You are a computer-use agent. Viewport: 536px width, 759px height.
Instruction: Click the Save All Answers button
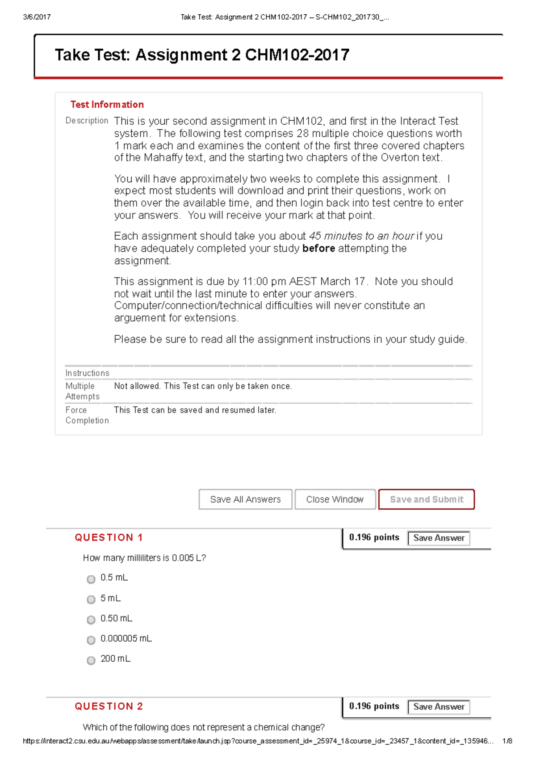pyautogui.click(x=245, y=499)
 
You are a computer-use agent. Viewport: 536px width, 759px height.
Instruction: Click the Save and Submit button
pyautogui.click(x=426, y=499)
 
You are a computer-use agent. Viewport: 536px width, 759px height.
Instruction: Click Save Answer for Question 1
pyautogui.click(x=439, y=538)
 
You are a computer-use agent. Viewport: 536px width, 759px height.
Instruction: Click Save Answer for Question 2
pyautogui.click(x=439, y=707)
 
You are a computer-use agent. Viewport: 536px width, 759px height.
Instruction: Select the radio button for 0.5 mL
pyautogui.click(x=91, y=579)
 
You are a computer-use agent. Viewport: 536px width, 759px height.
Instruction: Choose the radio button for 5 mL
pyautogui.click(x=91, y=599)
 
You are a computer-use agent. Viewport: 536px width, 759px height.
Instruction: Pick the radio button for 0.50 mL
pyautogui.click(x=91, y=620)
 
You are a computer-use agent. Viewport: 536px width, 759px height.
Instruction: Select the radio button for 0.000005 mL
pyautogui.click(x=91, y=640)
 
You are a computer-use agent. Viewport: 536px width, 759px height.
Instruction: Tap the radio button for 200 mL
pyautogui.click(x=91, y=660)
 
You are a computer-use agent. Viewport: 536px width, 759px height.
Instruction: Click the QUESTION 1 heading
pyautogui.click(x=109, y=538)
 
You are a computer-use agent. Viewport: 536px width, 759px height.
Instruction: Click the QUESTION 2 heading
pyautogui.click(x=109, y=706)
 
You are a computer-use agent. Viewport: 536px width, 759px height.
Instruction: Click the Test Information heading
pyautogui.click(x=107, y=105)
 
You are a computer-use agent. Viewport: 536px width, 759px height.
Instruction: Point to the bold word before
pyautogui.click(x=318, y=249)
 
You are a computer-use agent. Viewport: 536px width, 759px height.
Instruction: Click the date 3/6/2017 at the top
pyautogui.click(x=37, y=17)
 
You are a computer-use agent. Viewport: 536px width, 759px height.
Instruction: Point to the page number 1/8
pyautogui.click(x=507, y=741)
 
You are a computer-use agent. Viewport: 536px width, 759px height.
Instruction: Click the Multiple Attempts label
pyautogui.click(x=82, y=391)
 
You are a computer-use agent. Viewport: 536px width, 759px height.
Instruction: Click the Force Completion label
pyautogui.click(x=87, y=415)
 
